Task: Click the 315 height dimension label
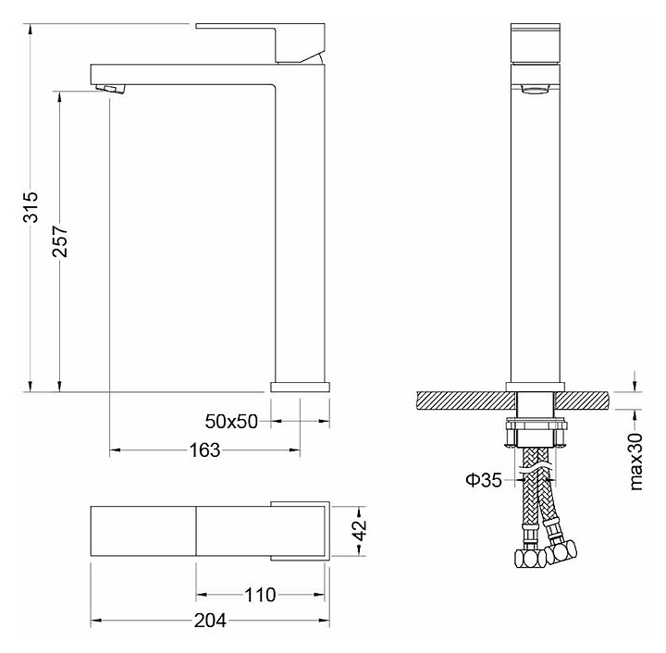coord(31,207)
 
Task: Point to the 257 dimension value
coord(60,241)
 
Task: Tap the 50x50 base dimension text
coord(231,422)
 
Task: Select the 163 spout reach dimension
coord(204,450)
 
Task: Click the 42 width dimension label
coord(360,530)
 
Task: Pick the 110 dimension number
coord(260,595)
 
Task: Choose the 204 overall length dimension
coord(210,622)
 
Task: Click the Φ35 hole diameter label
coord(484,480)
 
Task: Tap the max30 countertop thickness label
coord(635,462)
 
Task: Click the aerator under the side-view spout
coord(111,88)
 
